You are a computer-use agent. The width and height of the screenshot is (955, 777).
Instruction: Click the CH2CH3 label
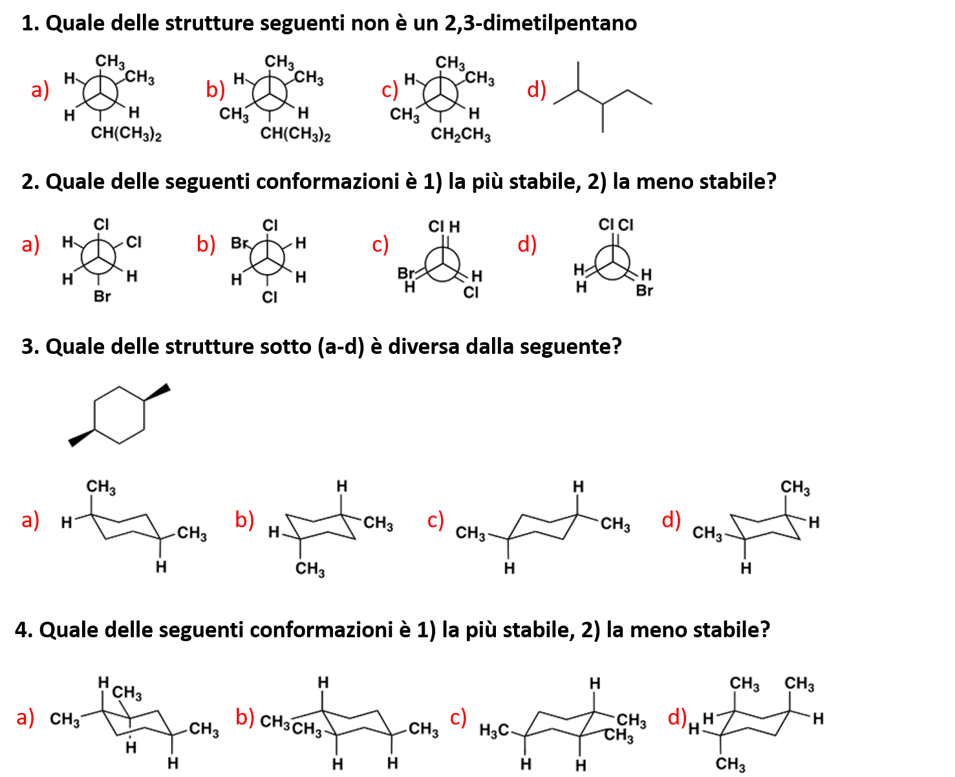460,135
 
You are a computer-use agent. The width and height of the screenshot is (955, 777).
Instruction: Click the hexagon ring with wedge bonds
119,415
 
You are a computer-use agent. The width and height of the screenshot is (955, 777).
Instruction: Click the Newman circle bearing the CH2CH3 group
441,96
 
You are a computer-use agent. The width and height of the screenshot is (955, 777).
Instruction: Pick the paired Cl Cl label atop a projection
616,225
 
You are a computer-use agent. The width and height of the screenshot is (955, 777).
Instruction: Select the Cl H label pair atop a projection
445,227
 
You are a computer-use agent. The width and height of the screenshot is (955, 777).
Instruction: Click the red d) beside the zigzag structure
537,89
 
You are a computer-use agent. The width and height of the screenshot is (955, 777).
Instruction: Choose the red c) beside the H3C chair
458,717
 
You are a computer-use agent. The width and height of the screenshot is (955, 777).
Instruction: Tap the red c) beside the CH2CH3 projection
390,90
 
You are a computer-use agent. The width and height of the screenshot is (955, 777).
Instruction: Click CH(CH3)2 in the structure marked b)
295,135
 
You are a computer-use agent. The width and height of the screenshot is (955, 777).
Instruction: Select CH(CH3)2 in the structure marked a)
126,134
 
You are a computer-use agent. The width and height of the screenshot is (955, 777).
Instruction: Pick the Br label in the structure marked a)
102,296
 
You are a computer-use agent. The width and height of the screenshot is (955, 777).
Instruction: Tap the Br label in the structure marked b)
239,243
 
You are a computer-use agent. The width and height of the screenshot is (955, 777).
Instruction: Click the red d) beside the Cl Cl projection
527,245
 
